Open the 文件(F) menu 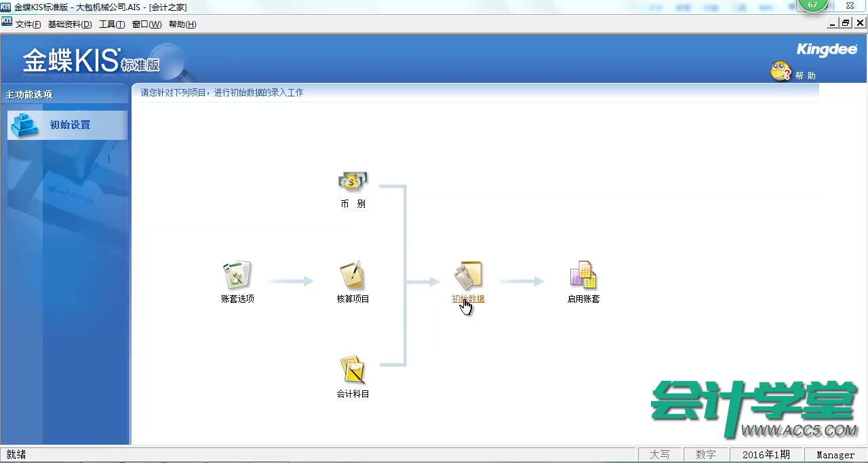(x=28, y=24)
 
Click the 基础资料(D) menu (x=69, y=24)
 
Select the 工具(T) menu (x=111, y=24)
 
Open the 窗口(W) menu (x=146, y=24)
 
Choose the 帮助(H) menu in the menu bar (x=182, y=24)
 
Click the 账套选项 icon (x=237, y=276)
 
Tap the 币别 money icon (x=353, y=181)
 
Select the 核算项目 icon (x=353, y=276)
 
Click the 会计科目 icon (x=353, y=371)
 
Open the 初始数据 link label (x=468, y=299)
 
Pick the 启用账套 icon (x=583, y=276)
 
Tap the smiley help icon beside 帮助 (x=781, y=71)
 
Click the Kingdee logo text (x=826, y=50)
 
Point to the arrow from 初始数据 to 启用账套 (x=522, y=281)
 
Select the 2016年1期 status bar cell (x=766, y=455)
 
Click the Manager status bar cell (x=835, y=455)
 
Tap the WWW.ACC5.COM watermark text (x=799, y=430)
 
